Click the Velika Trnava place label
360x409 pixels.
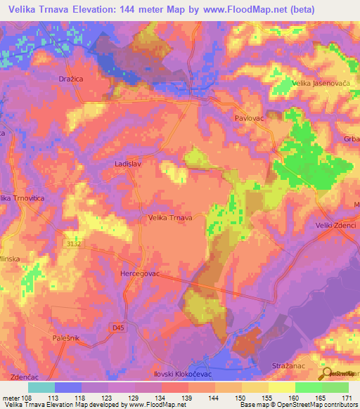(x=170, y=218)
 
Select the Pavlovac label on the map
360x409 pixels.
(x=250, y=119)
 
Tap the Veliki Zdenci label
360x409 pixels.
(x=335, y=226)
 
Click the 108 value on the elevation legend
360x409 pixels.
(x=27, y=398)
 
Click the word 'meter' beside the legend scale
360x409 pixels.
(x=11, y=398)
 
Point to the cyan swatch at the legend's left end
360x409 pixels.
(x=41, y=387)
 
